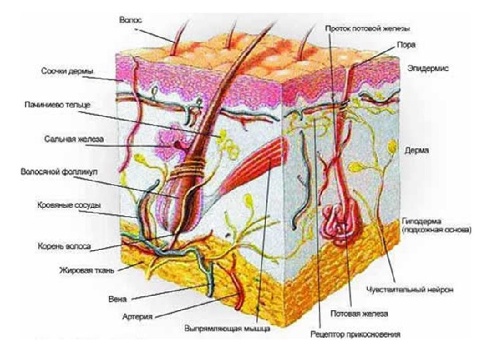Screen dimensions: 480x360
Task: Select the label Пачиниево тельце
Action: [x=55, y=105]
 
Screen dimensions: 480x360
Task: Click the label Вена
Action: [x=122, y=299]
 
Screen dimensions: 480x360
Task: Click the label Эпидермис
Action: [x=425, y=69]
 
